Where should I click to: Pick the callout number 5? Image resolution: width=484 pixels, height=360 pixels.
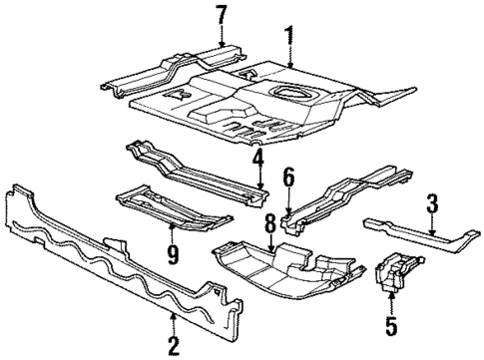[390, 326]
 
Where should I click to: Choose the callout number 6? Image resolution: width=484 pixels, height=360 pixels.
[287, 178]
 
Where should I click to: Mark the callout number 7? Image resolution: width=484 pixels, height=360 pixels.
[221, 15]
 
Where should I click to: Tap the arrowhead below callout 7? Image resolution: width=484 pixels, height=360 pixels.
[221, 44]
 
